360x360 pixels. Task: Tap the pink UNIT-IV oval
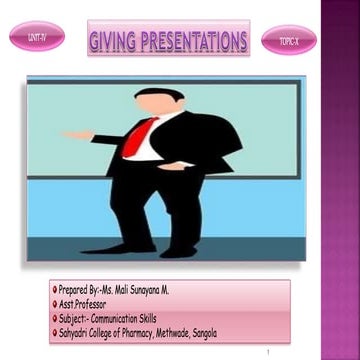coord(37,37)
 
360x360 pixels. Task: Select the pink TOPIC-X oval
coord(288,41)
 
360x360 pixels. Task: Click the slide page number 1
coord(269,353)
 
